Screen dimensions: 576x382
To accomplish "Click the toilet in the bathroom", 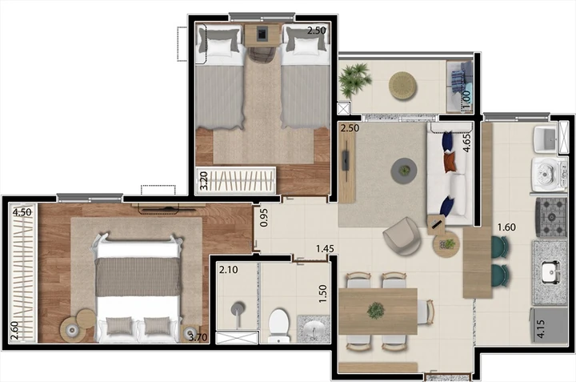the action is (279, 325).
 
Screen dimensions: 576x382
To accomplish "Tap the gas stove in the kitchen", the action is (551, 217).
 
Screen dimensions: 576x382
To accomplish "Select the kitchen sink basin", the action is (550, 273).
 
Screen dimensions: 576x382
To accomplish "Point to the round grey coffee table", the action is (405, 171).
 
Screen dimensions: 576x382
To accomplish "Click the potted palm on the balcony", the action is (354, 79).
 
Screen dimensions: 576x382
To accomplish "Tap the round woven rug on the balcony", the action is (402, 86).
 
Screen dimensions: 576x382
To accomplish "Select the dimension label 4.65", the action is (466, 143).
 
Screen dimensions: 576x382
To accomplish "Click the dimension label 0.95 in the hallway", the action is (264, 218).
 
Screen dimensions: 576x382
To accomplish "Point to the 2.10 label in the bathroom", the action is (228, 270).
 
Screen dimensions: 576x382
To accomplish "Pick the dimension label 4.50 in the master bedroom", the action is (22, 212).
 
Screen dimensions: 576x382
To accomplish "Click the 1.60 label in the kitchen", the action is (506, 227).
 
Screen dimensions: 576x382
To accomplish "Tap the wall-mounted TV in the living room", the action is (346, 160).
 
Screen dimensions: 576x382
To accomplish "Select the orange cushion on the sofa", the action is (450, 162).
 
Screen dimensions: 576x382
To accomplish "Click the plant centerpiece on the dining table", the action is (376, 311).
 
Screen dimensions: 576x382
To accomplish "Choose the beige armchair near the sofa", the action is (402, 236).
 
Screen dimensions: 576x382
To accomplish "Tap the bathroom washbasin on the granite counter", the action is (314, 328).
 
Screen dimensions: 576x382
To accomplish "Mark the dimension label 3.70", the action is (198, 337).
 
